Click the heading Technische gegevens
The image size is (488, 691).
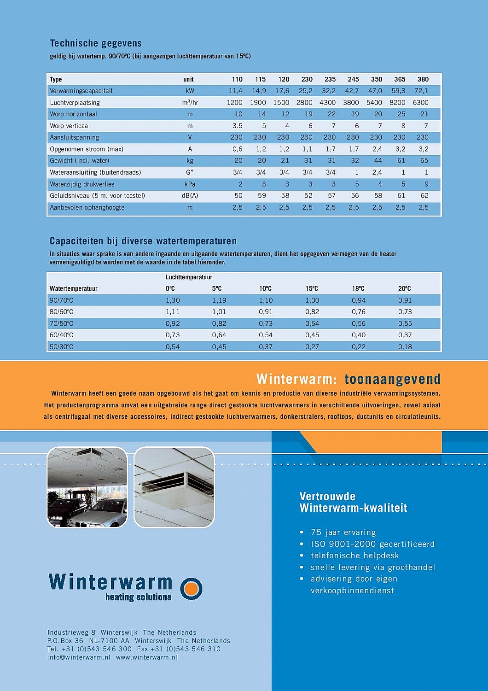click(95, 43)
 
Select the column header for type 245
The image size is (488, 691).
click(353, 79)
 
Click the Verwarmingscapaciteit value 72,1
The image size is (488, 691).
click(421, 91)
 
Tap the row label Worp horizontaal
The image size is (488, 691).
click(73, 114)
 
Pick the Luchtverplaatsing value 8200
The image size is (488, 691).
click(397, 102)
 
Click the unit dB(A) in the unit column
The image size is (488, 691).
click(190, 195)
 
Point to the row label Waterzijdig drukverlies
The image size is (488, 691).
click(82, 184)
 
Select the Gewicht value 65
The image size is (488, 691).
click(424, 160)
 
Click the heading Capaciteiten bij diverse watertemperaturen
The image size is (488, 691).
click(143, 241)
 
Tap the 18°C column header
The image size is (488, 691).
click(358, 288)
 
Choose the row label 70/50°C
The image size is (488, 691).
click(61, 323)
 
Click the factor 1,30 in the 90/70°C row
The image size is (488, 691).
click(173, 300)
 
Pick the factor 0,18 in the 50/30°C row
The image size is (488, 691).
click(405, 346)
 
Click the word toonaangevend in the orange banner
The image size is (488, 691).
click(392, 379)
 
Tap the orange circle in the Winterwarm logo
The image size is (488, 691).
click(191, 589)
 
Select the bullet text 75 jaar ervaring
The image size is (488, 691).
click(343, 533)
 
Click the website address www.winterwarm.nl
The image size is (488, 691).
click(146, 657)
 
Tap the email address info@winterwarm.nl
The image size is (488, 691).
click(79, 657)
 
